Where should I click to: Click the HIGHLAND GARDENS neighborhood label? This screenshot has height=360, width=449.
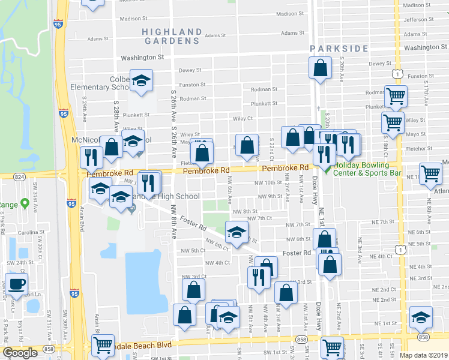(172, 36)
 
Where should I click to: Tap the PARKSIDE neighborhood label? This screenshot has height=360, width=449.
(339, 48)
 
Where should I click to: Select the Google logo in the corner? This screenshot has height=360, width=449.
(20, 352)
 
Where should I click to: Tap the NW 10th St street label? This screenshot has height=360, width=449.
(268, 182)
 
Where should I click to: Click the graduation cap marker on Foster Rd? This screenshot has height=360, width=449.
(237, 231)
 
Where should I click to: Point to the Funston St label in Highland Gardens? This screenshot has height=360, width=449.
(193, 85)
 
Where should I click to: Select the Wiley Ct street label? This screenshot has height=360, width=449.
(243, 119)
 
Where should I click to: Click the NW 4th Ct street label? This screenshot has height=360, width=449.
(218, 263)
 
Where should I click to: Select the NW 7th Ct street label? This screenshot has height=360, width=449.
(260, 218)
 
